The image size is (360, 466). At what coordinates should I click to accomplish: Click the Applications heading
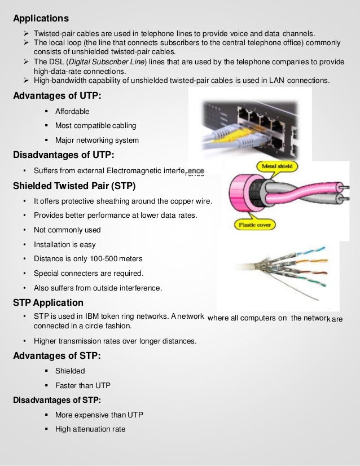tap(41, 19)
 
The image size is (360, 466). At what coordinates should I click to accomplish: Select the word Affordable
tap(72, 111)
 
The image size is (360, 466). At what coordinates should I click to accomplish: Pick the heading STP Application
tap(48, 302)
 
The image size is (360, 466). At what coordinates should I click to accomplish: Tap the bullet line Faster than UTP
tap(82, 385)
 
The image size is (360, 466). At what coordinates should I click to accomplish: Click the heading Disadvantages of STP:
tap(56, 400)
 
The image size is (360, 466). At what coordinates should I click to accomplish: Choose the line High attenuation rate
tap(90, 429)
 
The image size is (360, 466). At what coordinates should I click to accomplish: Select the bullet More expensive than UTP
tap(99, 415)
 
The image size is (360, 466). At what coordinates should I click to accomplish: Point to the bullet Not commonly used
tap(67, 230)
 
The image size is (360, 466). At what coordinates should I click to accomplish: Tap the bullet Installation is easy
tap(64, 244)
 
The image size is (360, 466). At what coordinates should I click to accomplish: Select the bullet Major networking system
tap(96, 140)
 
